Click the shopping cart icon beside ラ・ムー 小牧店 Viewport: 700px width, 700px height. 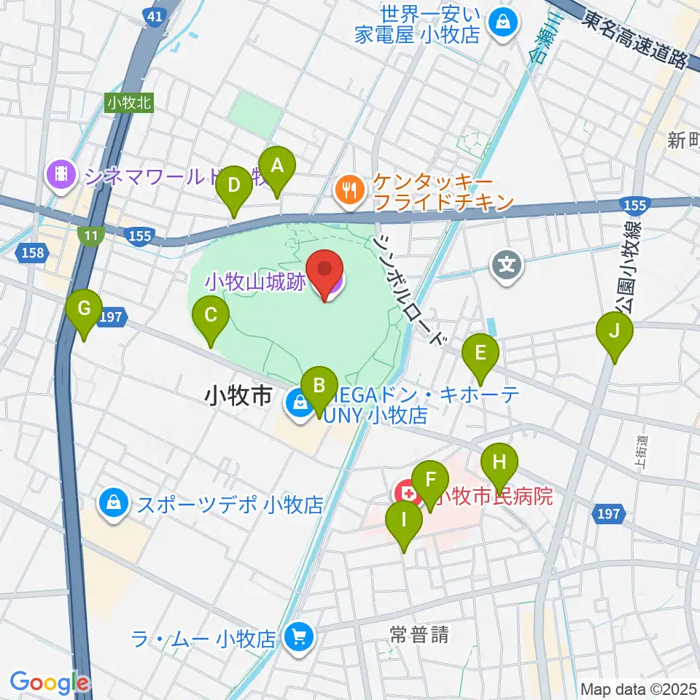pyautogui.click(x=297, y=638)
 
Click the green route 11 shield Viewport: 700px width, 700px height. pyautogui.click(x=91, y=235)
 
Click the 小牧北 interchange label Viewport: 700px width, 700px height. pyautogui.click(x=129, y=103)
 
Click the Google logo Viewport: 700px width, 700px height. pyautogui.click(x=48, y=682)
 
